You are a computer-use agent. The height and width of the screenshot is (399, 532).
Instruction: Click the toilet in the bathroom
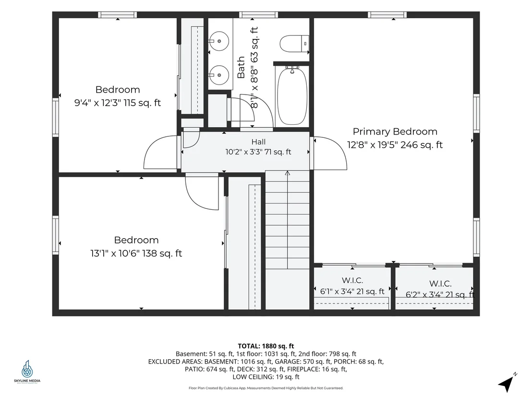(294, 44)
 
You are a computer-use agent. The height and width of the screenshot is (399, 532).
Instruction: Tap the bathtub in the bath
(292, 97)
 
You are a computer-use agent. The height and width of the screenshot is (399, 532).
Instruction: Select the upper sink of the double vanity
(219, 41)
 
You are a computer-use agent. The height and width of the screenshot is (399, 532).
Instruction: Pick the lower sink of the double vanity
(219, 75)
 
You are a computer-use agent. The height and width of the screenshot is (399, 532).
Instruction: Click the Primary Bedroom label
(395, 132)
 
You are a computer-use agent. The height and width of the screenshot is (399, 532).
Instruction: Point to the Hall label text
(258, 142)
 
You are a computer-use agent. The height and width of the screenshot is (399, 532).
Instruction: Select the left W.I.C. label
(352, 280)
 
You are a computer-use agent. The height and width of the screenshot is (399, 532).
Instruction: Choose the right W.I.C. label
(440, 284)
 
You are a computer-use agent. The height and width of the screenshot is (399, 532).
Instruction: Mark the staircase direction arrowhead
(288, 173)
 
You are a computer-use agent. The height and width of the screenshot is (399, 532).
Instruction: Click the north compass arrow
(506, 384)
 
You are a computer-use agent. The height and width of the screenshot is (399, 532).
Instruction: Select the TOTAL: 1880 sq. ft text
(266, 346)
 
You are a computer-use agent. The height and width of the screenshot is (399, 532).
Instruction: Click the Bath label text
(241, 67)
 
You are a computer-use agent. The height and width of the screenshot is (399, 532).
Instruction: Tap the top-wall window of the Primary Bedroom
(387, 14)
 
